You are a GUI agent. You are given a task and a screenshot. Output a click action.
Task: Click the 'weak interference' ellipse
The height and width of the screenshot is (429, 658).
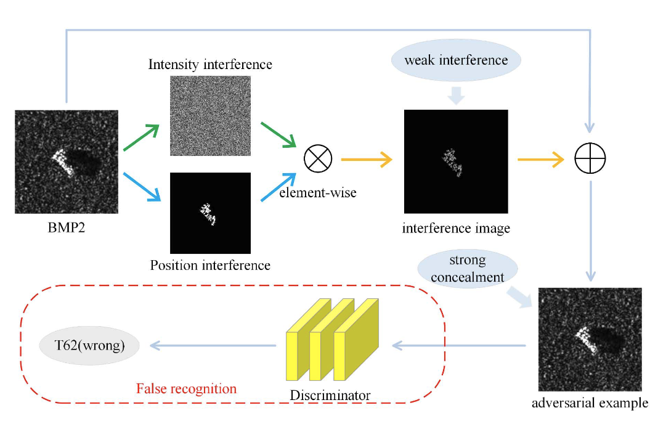456,60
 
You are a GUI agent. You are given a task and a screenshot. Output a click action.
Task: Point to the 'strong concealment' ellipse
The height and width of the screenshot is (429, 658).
467,268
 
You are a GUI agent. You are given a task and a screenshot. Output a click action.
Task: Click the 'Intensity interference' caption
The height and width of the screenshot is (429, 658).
210,64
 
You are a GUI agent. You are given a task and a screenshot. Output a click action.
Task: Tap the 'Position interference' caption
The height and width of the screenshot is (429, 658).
210,265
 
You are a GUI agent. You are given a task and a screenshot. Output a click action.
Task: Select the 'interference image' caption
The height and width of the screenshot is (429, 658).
456,228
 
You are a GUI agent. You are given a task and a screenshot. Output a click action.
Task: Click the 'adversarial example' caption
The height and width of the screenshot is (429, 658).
590,404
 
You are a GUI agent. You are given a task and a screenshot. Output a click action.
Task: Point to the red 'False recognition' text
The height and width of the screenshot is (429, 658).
186,388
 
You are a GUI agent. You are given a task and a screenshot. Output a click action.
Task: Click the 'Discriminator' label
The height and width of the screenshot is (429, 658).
330,394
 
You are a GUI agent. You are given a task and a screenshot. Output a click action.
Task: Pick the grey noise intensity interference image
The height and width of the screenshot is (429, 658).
210,116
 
